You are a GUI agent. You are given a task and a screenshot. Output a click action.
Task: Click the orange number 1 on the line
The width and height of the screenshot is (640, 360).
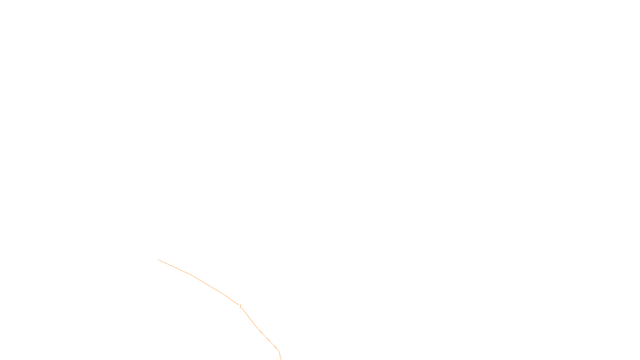pos(240,306)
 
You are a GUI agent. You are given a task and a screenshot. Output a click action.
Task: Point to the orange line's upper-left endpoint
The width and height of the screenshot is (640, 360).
pos(158,260)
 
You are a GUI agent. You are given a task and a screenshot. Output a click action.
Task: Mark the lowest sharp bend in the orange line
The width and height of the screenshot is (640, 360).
pos(278,350)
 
